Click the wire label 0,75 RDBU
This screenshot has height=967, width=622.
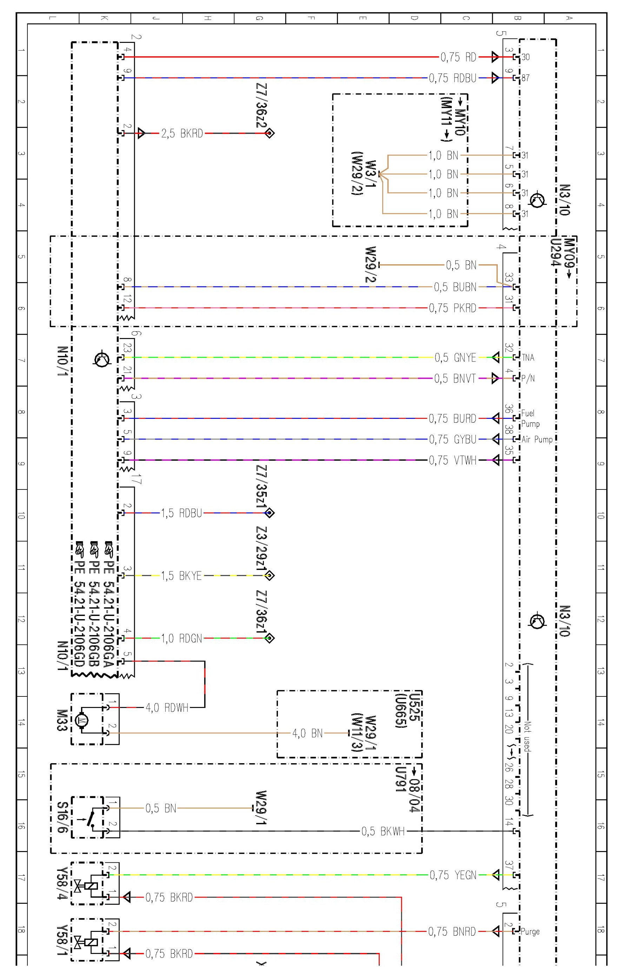(452, 78)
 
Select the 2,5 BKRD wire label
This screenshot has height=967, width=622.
(182, 134)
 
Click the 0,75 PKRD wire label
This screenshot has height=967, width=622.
(452, 309)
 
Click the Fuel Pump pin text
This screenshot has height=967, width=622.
(530, 418)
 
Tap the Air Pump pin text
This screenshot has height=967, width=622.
(537, 440)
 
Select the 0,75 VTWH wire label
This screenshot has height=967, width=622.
(452, 460)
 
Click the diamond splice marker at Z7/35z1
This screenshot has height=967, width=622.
(269, 513)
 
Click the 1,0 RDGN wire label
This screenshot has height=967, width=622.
(181, 638)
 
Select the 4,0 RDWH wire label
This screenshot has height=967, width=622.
(167, 708)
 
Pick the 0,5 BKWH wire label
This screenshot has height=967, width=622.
(383, 832)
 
